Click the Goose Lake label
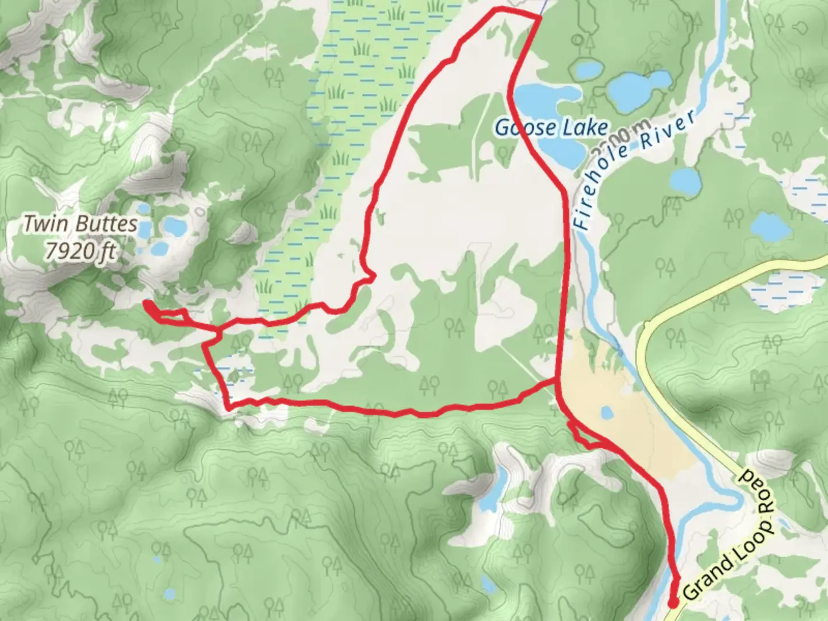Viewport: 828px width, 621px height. point(551,128)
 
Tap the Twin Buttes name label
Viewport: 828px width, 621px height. point(80,224)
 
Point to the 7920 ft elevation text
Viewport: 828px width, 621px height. point(83,252)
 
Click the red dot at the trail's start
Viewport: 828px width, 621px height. point(673,603)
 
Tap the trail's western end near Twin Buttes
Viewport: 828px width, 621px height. point(147,303)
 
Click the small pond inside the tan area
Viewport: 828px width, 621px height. point(606,413)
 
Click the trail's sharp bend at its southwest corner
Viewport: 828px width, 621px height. point(229,407)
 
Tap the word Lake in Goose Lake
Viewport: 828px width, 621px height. point(585,128)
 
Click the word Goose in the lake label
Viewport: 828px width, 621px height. point(519,128)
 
